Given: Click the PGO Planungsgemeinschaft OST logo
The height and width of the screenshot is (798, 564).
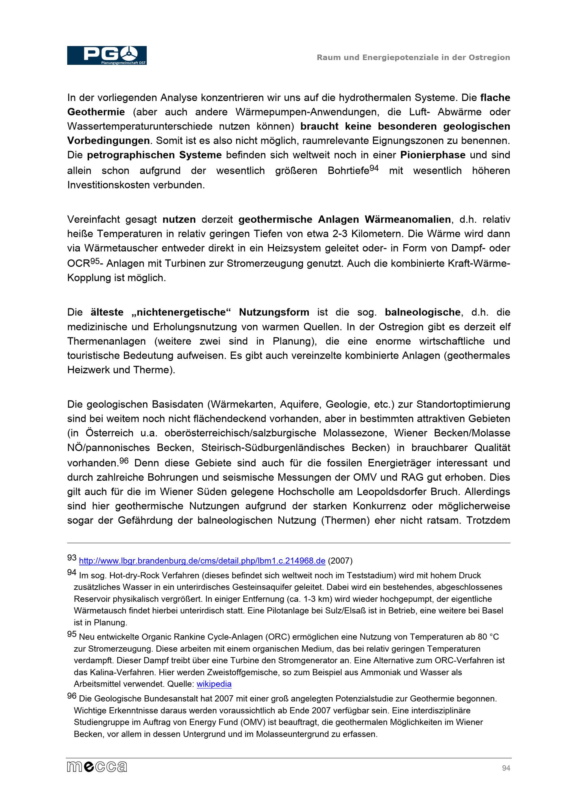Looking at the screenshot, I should coord(107,55).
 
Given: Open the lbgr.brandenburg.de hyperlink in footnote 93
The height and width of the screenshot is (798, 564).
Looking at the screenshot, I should coord(202,561).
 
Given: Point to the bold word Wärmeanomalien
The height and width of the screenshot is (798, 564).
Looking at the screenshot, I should coord(407,220).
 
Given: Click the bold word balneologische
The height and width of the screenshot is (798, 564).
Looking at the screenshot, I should coord(422,312).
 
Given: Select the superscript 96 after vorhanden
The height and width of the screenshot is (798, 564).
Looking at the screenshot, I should coord(124,460).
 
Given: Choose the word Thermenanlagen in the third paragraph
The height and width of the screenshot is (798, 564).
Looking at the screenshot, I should coord(106,341).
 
